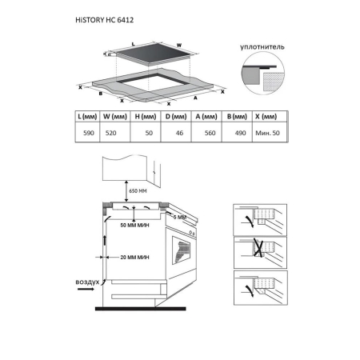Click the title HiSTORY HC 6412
tap(104, 20)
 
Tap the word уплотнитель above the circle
tap(262, 47)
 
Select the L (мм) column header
tap(87, 117)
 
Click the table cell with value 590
tap(89, 133)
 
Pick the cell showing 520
tap(110, 133)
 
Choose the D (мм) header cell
tap(176, 117)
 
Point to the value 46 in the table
tap(179, 133)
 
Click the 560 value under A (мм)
tap(210, 133)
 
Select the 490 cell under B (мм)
tap(240, 133)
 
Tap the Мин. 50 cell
tap(267, 133)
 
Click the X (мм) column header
tap(266, 117)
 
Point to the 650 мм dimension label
tap(138, 191)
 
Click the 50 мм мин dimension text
tap(134, 226)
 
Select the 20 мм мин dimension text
tap(134, 258)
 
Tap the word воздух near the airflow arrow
tap(87, 282)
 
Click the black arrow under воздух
tap(86, 289)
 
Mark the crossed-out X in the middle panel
tap(258, 248)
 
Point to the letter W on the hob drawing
tap(179, 46)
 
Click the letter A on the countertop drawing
tap(195, 98)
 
